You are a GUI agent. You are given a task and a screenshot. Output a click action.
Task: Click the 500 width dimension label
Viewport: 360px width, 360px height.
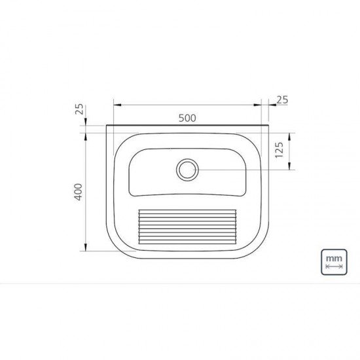point(187,118)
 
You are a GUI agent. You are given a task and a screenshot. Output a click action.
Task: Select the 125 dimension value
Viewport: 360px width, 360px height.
point(279,151)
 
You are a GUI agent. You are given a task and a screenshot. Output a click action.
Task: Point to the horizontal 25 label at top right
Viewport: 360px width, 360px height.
point(283,100)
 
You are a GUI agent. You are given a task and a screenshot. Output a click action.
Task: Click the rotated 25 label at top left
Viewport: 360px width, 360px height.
point(79,109)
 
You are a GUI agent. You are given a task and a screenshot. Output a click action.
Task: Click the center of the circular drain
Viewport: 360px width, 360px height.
point(187,170)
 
